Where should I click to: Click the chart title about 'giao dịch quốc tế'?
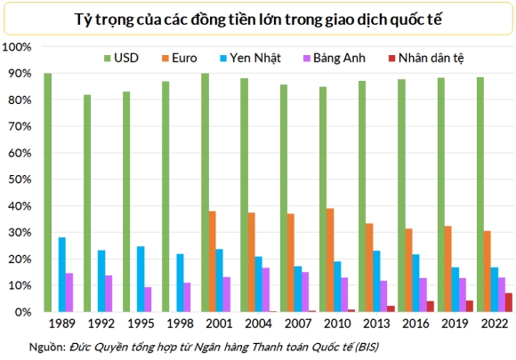point(258,17)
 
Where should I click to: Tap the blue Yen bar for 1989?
point(62,275)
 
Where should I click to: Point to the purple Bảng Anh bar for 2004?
point(265,290)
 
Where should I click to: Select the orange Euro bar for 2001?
point(212,261)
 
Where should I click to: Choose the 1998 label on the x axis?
point(180,324)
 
